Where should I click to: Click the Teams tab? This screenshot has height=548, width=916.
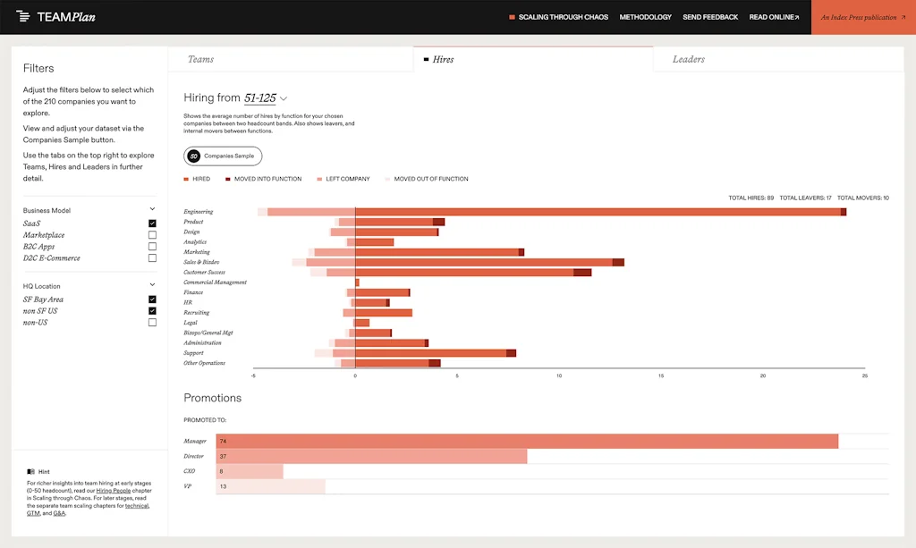point(201,60)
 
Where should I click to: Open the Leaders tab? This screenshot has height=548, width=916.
point(689,60)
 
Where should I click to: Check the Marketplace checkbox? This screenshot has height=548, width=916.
point(152,235)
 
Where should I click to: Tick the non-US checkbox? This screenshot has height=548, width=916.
point(152,323)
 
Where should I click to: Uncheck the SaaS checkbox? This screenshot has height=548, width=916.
point(152,223)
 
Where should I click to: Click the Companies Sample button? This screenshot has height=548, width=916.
point(223,156)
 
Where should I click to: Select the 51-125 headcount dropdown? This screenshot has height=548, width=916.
point(266,98)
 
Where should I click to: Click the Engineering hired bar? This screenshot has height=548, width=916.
point(598,212)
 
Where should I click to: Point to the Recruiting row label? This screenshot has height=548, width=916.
point(197,313)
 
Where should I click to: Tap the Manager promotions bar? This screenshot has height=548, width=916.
point(528,441)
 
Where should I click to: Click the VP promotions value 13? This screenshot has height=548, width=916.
point(223,486)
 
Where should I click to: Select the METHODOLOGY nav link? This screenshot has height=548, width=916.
point(645,17)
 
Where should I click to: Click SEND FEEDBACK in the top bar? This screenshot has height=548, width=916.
point(710,17)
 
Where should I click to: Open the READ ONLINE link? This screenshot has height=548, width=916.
point(774,17)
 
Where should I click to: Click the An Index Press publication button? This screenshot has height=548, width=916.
point(862,17)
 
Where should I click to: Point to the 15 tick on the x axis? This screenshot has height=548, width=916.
point(661,375)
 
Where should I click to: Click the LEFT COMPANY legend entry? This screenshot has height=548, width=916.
point(343,179)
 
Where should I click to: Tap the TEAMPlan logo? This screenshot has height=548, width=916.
point(56,17)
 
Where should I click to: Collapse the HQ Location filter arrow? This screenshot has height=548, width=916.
point(152,285)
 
